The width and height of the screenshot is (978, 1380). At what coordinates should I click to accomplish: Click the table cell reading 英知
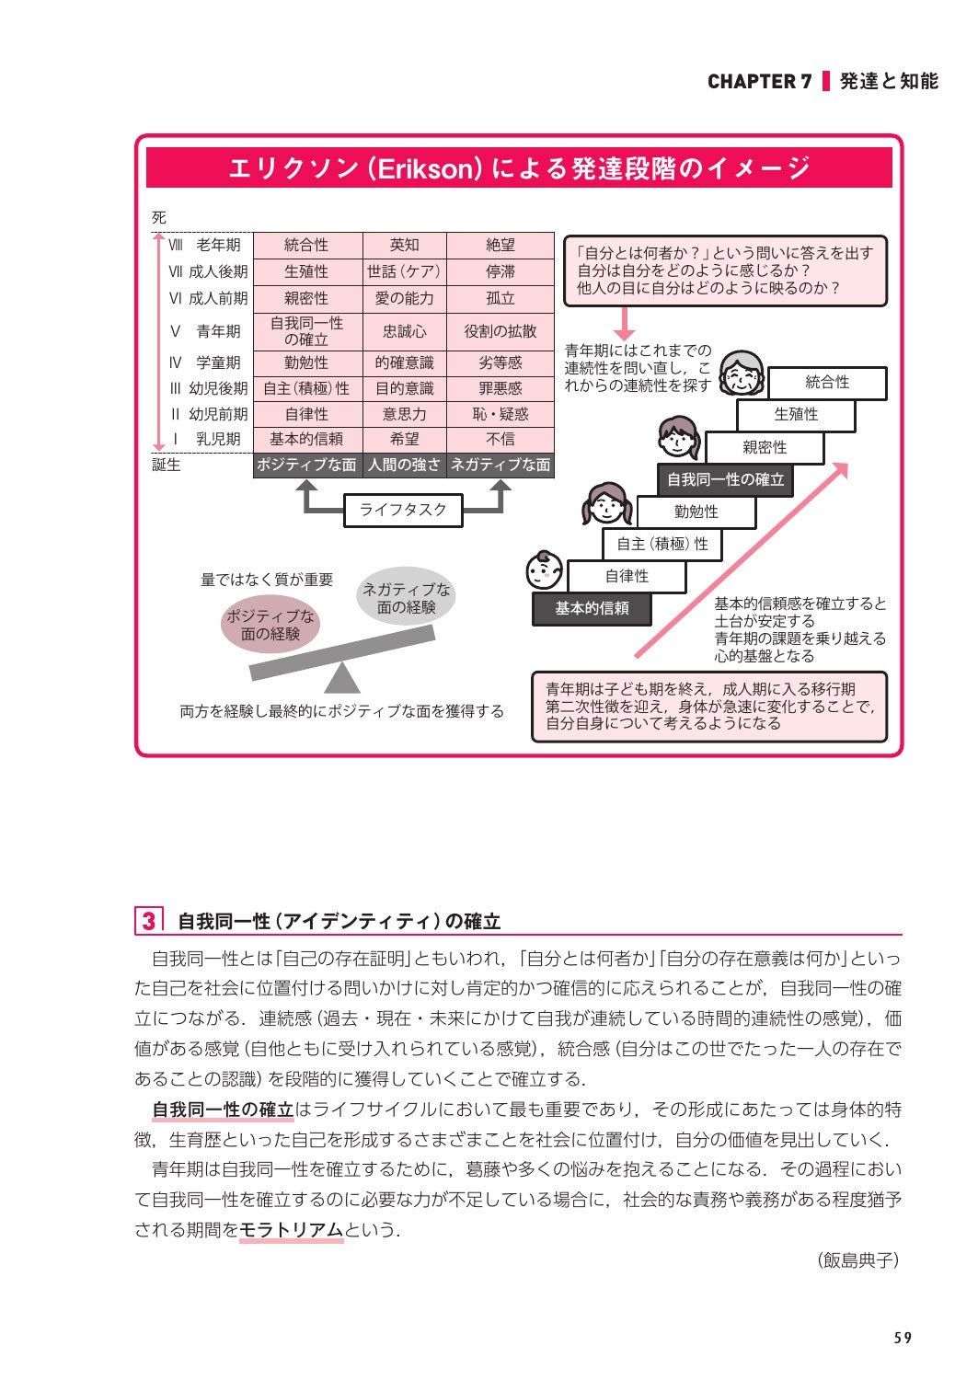coord(404,246)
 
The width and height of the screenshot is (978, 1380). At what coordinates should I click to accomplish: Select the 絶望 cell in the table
coord(501,246)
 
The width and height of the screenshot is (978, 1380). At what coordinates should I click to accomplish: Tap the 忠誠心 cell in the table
coord(404,331)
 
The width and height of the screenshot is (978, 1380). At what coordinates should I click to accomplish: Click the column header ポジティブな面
coord(306,466)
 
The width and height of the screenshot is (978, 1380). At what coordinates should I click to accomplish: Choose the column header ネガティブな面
coord(501,466)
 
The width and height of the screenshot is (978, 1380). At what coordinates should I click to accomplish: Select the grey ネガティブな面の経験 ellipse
coord(406,598)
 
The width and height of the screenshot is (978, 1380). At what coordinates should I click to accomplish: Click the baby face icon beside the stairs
coord(545,571)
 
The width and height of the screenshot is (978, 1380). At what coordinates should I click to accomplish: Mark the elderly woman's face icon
coord(742,374)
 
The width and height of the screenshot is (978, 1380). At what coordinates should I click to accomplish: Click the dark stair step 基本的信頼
coord(592,609)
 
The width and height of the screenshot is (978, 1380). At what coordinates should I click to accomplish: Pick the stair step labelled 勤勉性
coord(696,512)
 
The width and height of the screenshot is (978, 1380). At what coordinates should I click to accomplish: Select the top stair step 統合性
coord(826,383)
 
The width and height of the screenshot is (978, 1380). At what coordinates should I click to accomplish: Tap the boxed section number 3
coord(149,921)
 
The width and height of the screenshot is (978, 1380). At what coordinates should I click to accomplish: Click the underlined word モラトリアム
coord(291,1230)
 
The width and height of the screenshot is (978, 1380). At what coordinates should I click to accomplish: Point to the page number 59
coord(903,1339)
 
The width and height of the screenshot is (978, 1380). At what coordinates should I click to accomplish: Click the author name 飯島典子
coord(857,1261)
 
